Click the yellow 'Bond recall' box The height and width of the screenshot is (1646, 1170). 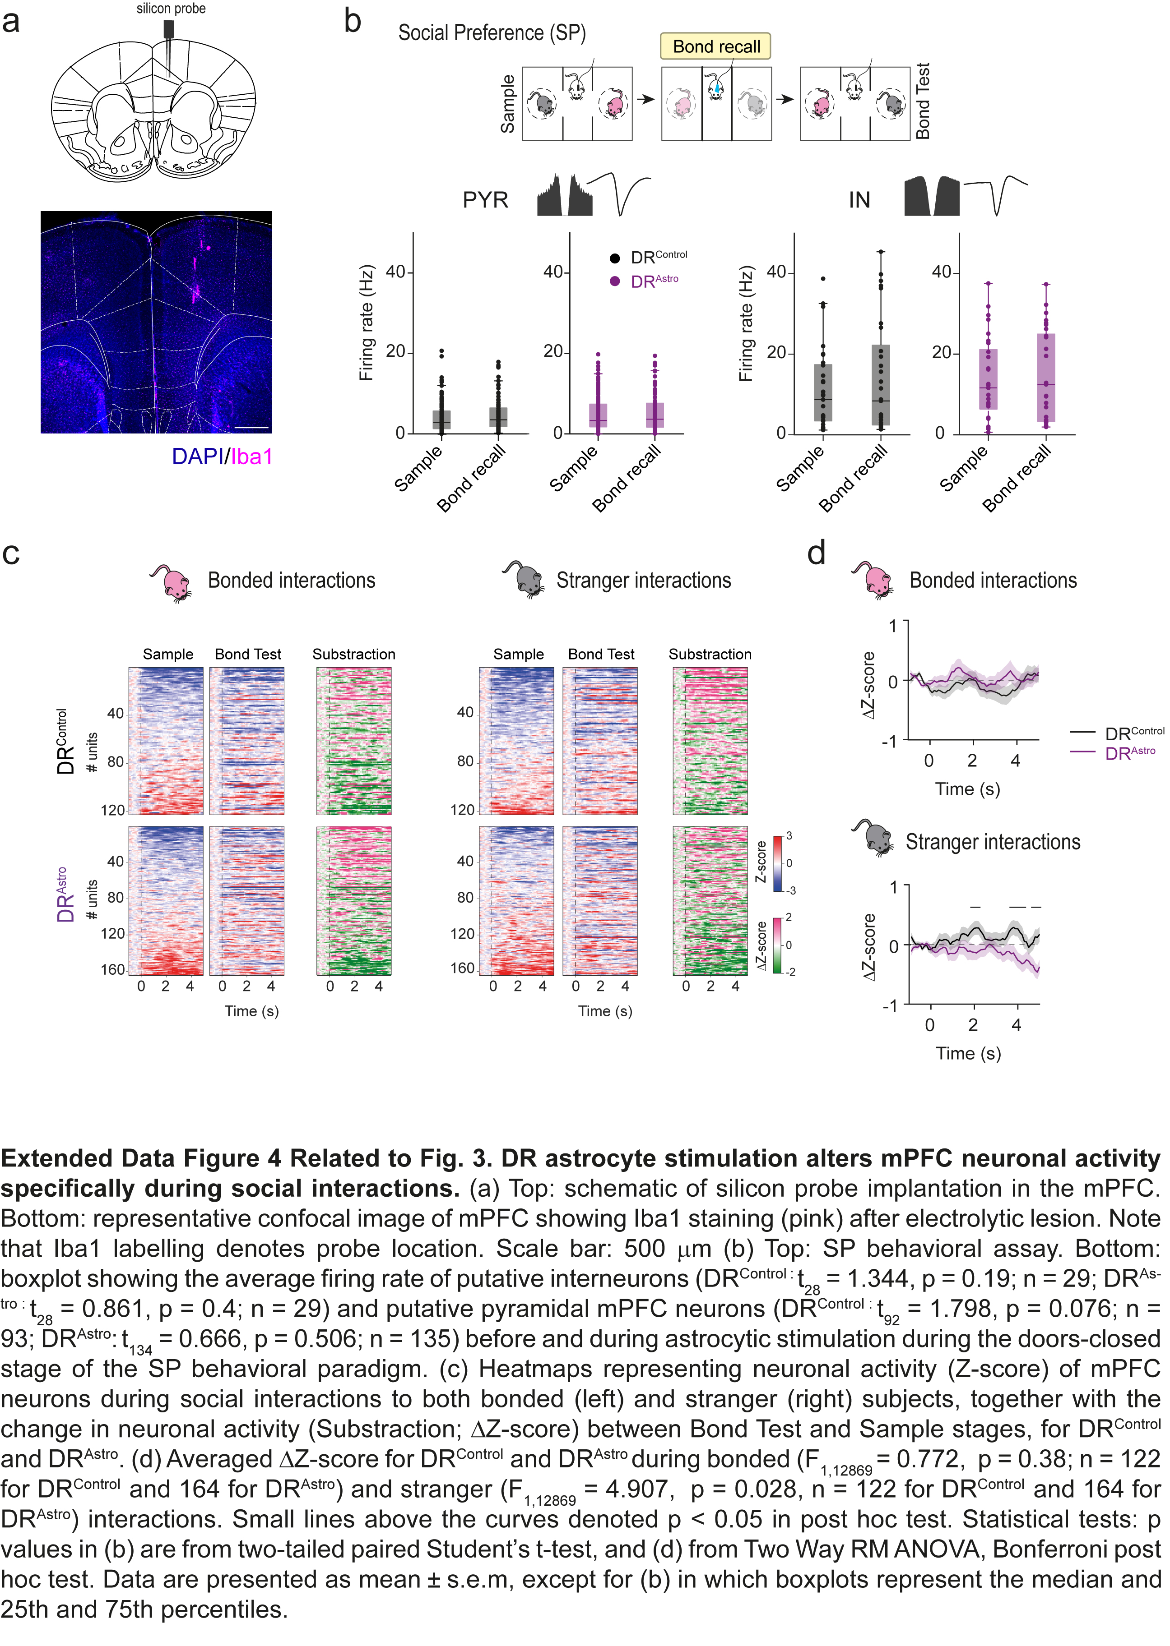pos(715,47)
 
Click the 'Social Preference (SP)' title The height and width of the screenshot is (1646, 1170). pos(492,33)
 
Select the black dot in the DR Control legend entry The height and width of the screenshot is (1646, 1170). pos(614,258)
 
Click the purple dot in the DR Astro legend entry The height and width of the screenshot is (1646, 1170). pos(614,281)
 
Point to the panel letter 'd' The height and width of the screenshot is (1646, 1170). pos(816,554)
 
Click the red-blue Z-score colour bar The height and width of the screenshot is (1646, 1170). pos(778,862)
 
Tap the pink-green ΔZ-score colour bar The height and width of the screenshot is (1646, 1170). pos(778,944)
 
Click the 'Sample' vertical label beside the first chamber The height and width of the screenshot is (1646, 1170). pos(508,104)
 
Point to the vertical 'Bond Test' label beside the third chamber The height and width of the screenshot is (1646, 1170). pos(923,101)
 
